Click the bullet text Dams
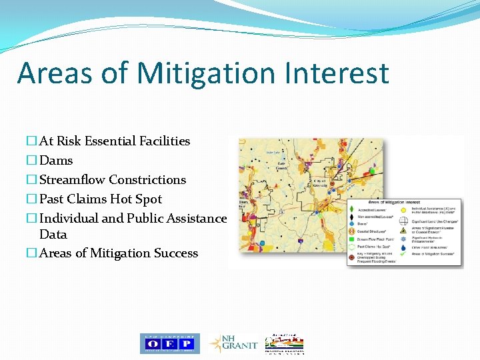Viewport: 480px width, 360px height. tap(56, 161)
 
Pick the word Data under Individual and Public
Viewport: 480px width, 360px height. tap(53, 235)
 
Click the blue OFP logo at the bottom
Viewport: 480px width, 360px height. tap(169, 343)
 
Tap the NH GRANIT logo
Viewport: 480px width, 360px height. tap(232, 343)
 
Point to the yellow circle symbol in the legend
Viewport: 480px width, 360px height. tap(404, 209)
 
